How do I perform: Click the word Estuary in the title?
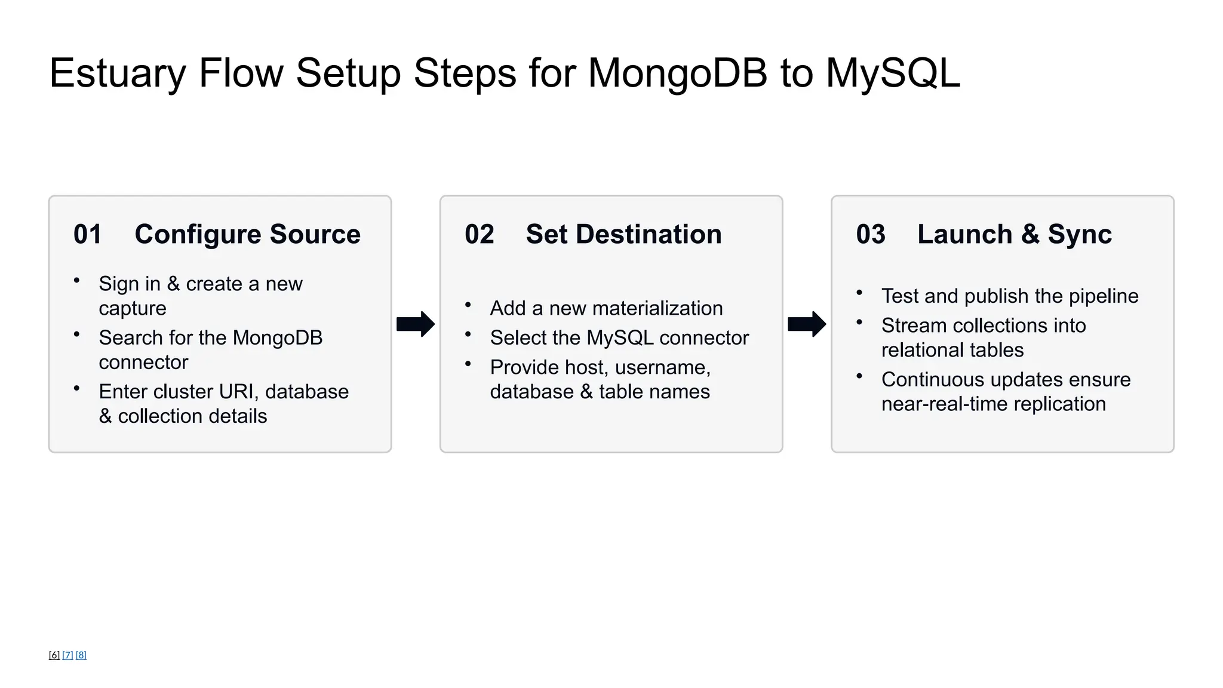tap(118, 73)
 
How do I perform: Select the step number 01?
tap(88, 234)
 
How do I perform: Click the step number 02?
tap(480, 234)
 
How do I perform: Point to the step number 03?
tap(871, 234)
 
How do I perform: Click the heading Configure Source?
tap(247, 234)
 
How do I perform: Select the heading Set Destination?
tap(623, 234)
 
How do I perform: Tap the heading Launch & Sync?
tap(1014, 234)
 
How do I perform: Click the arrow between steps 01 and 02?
tap(416, 324)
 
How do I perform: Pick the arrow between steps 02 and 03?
tap(807, 324)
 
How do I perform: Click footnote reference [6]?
tap(54, 655)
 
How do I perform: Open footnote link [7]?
tap(67, 655)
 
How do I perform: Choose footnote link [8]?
tap(81, 655)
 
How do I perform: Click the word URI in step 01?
tap(238, 392)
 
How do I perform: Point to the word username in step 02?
tap(662, 367)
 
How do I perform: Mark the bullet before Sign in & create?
tap(76, 280)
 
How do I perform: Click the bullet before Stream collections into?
tap(859, 322)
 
